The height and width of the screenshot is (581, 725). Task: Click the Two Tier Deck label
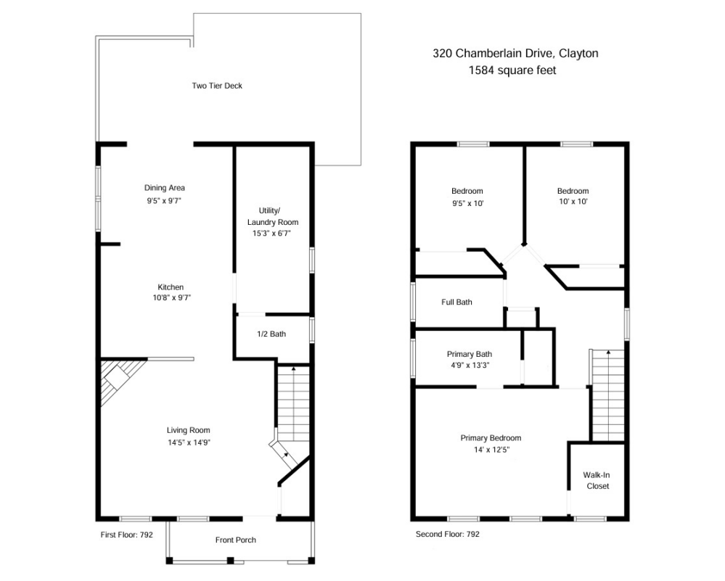[216, 86]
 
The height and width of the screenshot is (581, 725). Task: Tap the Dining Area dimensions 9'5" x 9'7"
[164, 200]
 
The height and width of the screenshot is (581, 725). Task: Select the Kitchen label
[171, 287]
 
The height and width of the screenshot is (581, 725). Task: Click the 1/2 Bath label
[271, 334]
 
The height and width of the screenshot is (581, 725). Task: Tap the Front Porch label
[235, 540]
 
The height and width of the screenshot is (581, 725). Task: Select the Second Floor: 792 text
[447, 535]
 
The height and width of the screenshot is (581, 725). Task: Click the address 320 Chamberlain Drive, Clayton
[515, 53]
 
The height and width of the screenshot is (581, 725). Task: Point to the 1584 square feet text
[515, 70]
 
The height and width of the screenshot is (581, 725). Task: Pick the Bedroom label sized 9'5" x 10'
[467, 191]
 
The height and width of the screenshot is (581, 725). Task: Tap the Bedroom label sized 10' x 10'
[573, 191]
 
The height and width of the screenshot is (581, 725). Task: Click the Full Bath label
[456, 302]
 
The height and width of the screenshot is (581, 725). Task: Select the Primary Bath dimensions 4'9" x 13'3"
[468, 365]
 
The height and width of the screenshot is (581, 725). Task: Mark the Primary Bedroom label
[491, 438]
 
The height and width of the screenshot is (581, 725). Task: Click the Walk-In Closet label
[596, 480]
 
